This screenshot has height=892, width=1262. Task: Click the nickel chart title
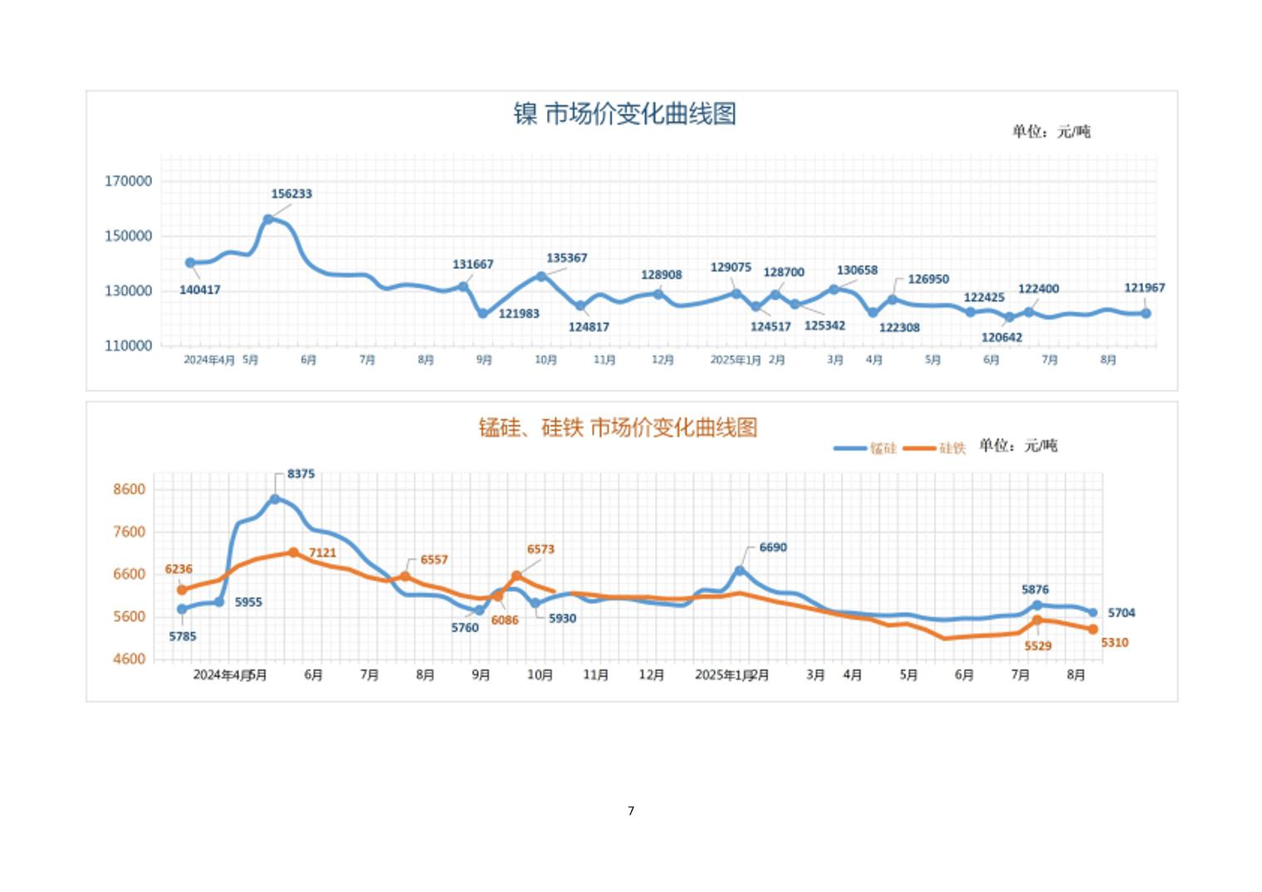tap(624, 114)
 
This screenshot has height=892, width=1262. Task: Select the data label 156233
tap(291, 194)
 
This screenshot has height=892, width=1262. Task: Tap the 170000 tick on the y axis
tap(128, 181)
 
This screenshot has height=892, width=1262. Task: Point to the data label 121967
tap(1144, 288)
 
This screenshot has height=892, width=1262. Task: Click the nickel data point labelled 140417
tap(190, 262)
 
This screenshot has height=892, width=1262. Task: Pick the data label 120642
tap(1001, 338)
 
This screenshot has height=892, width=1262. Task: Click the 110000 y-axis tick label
tap(128, 346)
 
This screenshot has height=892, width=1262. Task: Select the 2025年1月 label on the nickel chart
tap(735, 360)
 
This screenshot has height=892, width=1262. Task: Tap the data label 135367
tap(566, 258)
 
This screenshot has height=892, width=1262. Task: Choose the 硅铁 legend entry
tap(935, 448)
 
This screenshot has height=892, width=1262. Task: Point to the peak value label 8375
tap(301, 474)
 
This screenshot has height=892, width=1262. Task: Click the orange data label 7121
tap(322, 553)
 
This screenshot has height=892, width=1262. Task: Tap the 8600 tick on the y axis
tap(129, 489)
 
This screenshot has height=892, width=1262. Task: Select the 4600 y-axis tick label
tap(129, 659)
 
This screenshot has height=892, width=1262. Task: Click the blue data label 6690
tap(772, 548)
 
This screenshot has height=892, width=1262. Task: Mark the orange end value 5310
tap(1114, 643)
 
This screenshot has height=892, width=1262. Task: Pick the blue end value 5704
tap(1121, 613)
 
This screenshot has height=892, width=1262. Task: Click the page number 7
tap(631, 811)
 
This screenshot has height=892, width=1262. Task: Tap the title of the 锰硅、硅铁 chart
tap(618, 428)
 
